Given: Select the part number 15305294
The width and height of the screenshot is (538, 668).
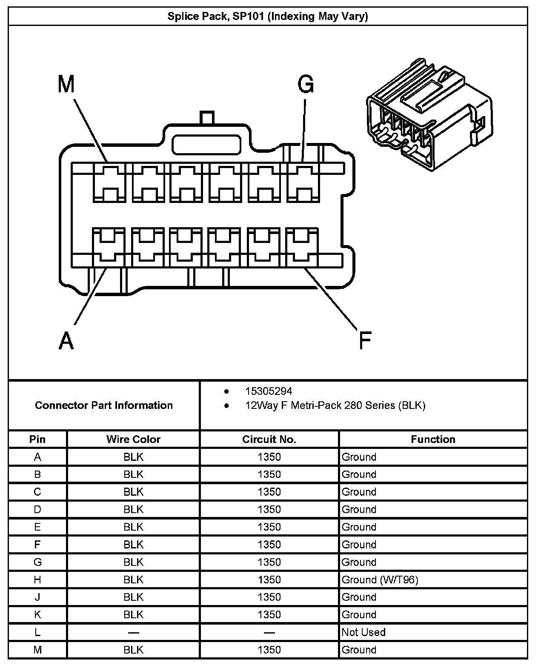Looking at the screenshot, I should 269,391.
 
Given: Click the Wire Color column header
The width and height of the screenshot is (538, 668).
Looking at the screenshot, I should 133,439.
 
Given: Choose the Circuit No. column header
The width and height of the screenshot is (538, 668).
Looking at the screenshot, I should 269,439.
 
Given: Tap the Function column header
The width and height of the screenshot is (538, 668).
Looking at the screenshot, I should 433,439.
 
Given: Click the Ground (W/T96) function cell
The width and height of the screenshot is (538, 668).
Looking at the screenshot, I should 380,580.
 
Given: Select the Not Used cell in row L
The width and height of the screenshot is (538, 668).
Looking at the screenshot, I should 363,632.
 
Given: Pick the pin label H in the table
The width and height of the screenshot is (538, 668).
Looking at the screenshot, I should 37,580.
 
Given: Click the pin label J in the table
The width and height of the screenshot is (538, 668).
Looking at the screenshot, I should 37,597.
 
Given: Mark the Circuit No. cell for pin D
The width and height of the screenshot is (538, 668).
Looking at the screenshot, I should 269,509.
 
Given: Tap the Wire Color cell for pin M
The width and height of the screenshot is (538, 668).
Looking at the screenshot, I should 133,650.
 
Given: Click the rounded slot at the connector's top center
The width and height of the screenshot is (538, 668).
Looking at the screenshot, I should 206,145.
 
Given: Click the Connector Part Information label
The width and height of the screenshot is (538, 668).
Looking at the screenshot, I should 104,405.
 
